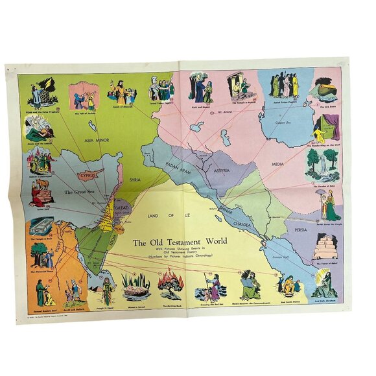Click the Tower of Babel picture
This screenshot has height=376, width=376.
pos(324,247)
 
